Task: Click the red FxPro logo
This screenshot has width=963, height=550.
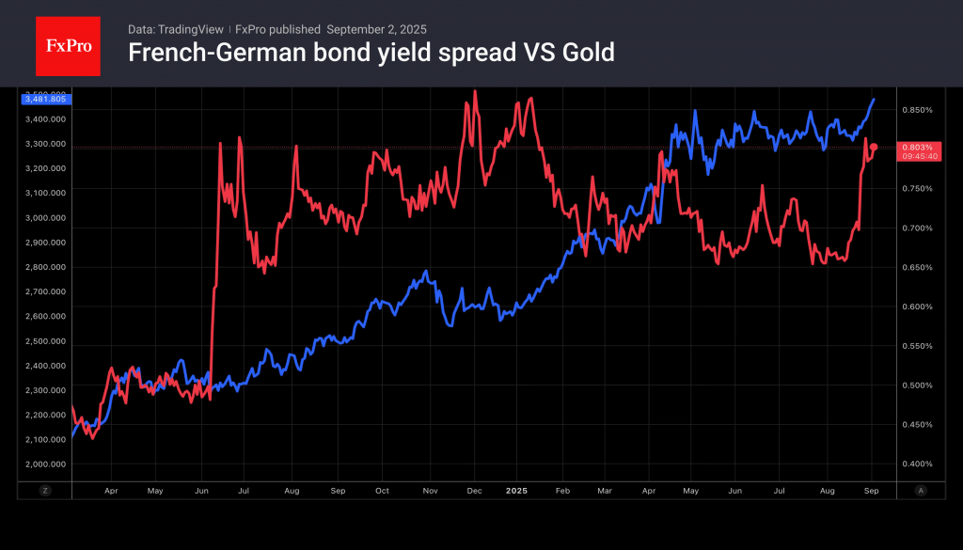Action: pyautogui.click(x=68, y=46)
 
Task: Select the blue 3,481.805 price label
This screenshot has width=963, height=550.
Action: pyautogui.click(x=42, y=99)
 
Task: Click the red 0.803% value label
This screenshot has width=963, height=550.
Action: pyautogui.click(x=917, y=148)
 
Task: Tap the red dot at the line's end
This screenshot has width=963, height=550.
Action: pyautogui.click(x=874, y=147)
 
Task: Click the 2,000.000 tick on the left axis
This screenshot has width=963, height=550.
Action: pyautogui.click(x=45, y=464)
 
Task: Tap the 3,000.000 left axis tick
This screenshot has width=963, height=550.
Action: pyautogui.click(x=45, y=217)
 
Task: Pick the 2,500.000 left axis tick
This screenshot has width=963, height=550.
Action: pyautogui.click(x=45, y=340)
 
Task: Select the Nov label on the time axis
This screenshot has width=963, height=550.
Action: pyautogui.click(x=430, y=491)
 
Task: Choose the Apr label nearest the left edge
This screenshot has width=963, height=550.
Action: pyautogui.click(x=111, y=491)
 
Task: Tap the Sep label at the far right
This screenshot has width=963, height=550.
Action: pyautogui.click(x=871, y=491)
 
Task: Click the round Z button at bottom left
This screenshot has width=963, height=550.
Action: pyautogui.click(x=45, y=491)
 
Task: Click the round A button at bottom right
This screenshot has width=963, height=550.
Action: pyautogui.click(x=921, y=491)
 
